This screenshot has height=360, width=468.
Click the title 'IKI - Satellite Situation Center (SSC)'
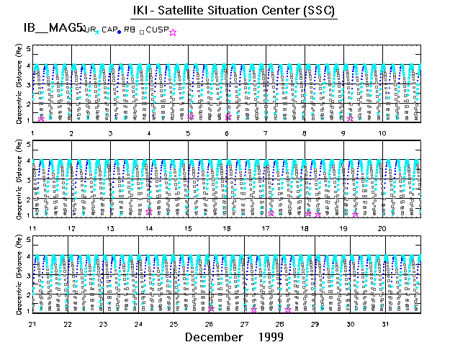[233, 11]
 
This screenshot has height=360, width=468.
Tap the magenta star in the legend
[173, 32]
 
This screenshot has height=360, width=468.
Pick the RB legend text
[129, 30]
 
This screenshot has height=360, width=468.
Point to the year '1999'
[271, 337]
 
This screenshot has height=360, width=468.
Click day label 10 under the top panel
[382, 134]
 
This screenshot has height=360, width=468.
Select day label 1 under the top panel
[33, 134]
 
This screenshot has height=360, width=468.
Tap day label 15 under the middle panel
[187, 228]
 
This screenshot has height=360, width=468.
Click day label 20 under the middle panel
[382, 228]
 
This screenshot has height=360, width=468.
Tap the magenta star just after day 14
[149, 212]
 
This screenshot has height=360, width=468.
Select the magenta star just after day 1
[42, 118]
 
